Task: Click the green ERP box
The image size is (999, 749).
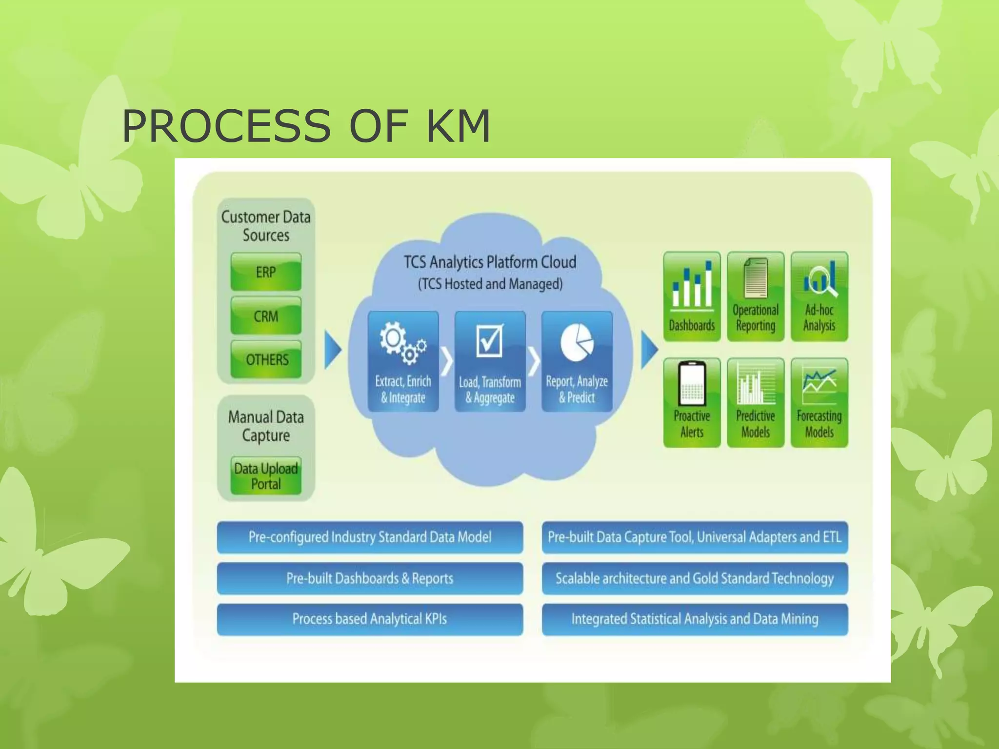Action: click(x=266, y=272)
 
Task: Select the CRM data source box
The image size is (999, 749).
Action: click(x=266, y=316)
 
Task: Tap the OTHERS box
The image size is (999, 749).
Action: click(x=266, y=359)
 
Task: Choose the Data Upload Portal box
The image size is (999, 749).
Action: click(x=266, y=476)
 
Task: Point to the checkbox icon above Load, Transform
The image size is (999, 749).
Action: click(x=489, y=340)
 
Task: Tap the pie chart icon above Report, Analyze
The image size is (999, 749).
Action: click(x=577, y=341)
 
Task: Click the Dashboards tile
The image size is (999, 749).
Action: click(x=692, y=296)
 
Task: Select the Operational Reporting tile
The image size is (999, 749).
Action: click(x=756, y=296)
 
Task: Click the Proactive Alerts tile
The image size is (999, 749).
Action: click(x=692, y=403)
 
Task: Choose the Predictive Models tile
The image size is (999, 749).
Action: click(x=756, y=403)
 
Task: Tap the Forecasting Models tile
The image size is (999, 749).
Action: click(x=819, y=403)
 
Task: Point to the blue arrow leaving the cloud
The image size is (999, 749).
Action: click(x=649, y=350)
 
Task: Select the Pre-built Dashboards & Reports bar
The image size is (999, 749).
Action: click(x=370, y=578)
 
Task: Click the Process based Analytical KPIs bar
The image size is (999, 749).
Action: click(x=370, y=619)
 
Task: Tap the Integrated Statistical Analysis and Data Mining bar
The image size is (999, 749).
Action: click(x=695, y=619)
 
